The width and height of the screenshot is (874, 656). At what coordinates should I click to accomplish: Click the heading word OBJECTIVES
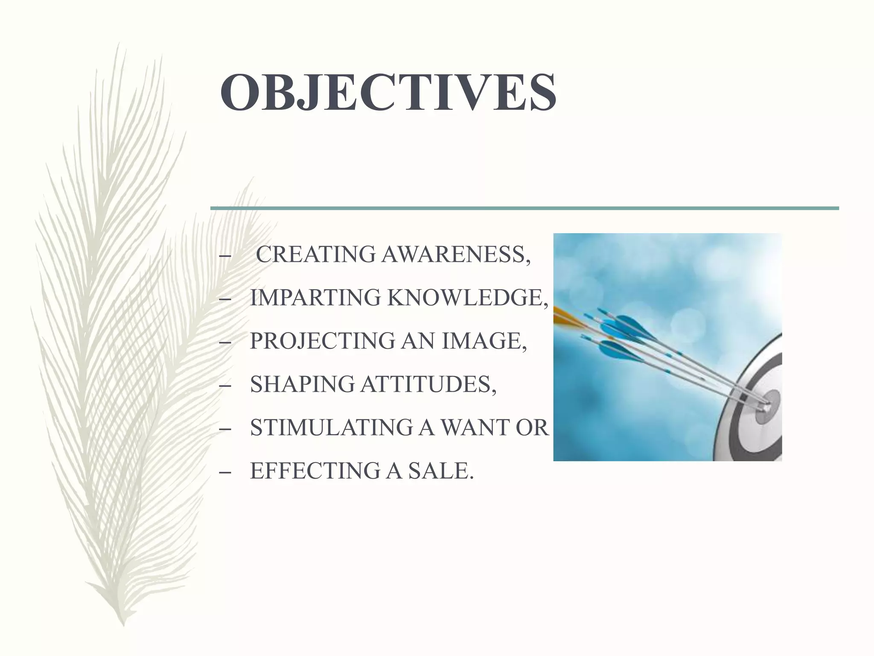click(387, 93)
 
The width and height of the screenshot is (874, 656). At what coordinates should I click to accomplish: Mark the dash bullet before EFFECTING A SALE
click(225, 472)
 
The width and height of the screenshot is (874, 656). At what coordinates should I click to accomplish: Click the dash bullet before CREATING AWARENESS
click(225, 256)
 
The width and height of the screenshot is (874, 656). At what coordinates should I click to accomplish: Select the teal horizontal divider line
click(524, 208)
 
